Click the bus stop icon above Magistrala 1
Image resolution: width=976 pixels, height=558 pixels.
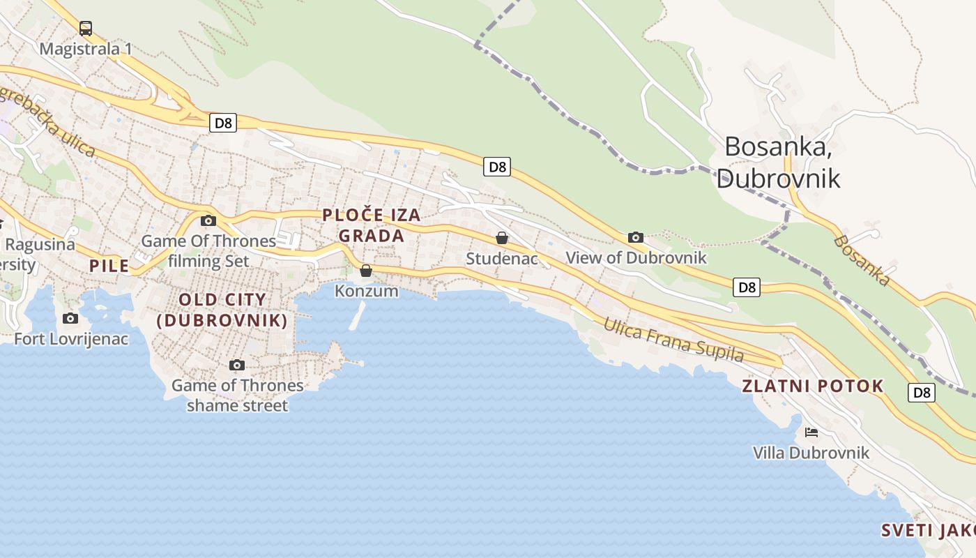(86, 29)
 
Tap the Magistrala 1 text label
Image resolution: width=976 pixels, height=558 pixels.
(86, 49)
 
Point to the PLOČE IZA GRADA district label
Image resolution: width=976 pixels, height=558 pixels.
(372, 225)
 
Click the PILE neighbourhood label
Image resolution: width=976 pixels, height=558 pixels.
(109, 266)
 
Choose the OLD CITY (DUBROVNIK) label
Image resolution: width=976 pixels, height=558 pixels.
(222, 310)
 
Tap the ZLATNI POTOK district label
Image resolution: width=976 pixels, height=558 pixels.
(813, 386)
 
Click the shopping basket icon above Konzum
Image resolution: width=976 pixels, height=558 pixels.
(366, 271)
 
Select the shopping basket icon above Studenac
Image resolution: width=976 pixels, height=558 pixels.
(501, 238)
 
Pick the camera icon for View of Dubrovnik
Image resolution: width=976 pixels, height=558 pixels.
(635, 237)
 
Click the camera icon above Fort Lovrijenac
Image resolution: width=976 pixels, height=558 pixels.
(70, 318)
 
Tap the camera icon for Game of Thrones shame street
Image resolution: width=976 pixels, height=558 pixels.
(237, 365)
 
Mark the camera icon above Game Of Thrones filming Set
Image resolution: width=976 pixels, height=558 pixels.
(208, 220)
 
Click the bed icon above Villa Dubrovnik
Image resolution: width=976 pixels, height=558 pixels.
(811, 432)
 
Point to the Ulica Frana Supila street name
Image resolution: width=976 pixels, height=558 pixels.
(673, 340)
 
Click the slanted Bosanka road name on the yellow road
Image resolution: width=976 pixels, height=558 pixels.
(862, 260)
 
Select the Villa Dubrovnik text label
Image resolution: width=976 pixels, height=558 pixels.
(811, 453)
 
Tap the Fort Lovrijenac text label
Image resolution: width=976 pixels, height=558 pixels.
(71, 339)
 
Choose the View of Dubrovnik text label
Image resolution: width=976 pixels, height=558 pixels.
(636, 257)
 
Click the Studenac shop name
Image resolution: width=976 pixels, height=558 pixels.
(502, 259)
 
